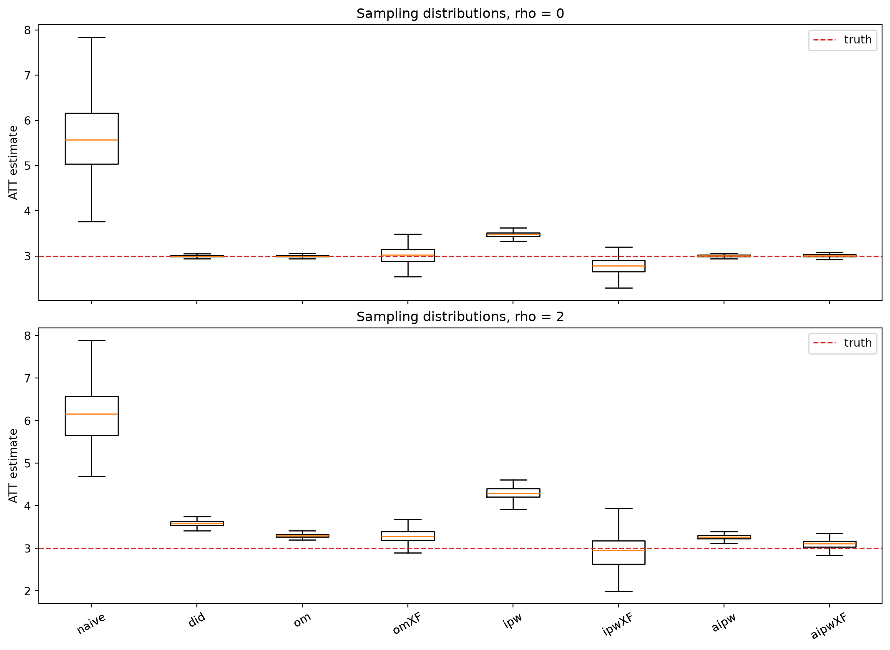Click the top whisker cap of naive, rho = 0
92,37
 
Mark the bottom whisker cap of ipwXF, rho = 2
618,591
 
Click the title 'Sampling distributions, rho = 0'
460,14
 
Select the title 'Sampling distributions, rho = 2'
460,317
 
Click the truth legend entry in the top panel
842,40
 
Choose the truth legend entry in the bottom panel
842,343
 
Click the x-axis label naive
91,623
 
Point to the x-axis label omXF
407,623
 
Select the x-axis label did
197,620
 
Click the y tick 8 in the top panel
28,30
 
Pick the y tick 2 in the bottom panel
28,591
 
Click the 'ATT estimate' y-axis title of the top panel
13,163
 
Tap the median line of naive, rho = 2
92,414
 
